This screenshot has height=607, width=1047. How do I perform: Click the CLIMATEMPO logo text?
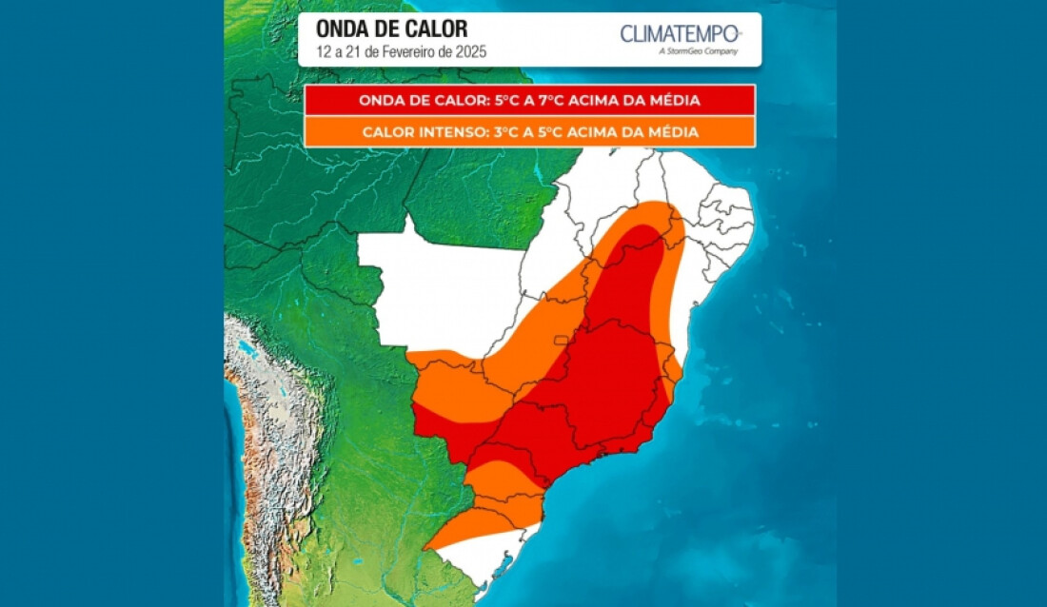click(679, 34)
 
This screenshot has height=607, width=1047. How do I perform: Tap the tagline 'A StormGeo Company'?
click(698, 51)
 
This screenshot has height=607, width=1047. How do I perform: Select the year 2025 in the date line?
click(470, 52)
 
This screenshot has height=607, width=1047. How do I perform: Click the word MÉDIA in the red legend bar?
click(673, 100)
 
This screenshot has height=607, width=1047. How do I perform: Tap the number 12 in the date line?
click(325, 52)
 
